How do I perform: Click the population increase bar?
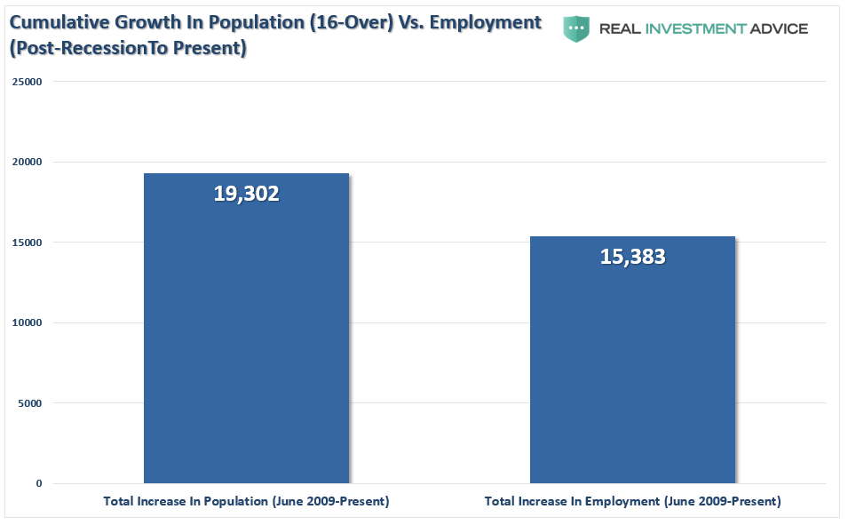246,338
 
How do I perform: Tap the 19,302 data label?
246,194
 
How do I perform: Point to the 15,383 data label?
632,257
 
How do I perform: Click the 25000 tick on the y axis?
27,82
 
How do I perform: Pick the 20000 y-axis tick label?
27,162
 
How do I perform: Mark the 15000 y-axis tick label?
27,243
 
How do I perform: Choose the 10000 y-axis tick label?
27,322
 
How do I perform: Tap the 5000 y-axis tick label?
29,403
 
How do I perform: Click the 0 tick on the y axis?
38,483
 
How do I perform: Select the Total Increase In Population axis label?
246,502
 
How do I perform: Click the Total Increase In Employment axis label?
632,502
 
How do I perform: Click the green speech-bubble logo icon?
576,28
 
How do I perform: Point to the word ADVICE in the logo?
779,28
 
